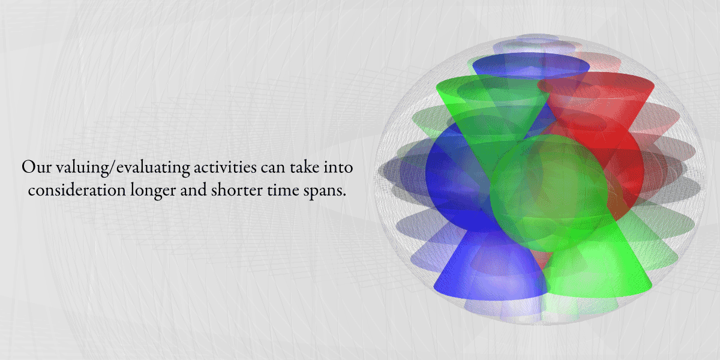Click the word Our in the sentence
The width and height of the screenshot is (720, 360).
click(x=36, y=167)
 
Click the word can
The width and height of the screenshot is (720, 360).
click(x=273, y=168)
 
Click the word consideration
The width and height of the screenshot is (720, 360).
click(x=77, y=190)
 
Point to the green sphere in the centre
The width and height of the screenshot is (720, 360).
click(x=549, y=193)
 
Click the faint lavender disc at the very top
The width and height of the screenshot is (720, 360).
click(x=538, y=38)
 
